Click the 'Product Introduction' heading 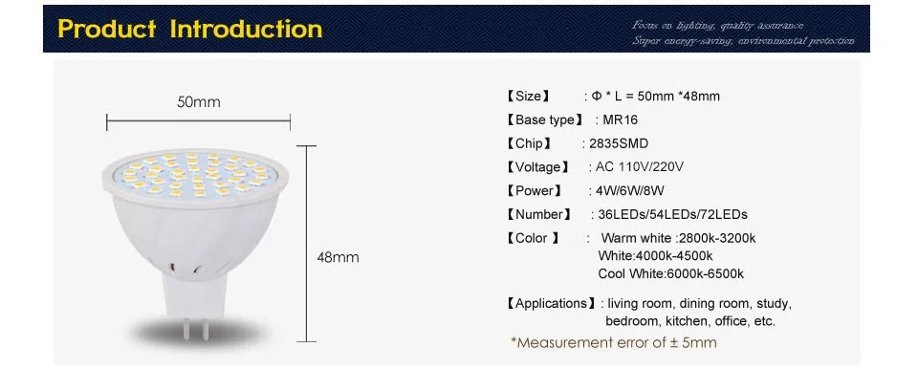tap(190, 29)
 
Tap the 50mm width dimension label tap(198, 101)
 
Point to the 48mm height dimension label tap(338, 257)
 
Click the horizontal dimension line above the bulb tap(198, 120)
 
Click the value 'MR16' tap(621, 120)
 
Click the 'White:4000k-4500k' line tap(655, 256)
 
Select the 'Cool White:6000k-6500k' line tap(670, 273)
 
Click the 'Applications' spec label tap(550, 304)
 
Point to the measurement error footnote tap(613, 342)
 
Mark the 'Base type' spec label tap(542, 120)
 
